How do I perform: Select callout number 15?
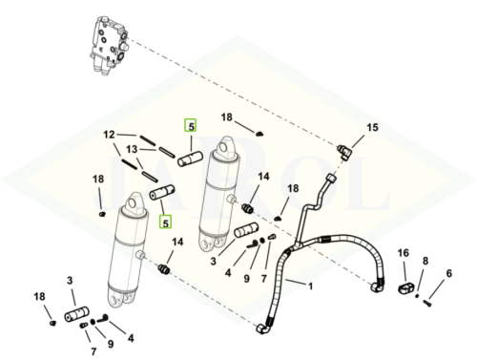click(373, 127)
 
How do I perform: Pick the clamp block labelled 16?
click(404, 286)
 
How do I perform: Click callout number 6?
click(449, 274)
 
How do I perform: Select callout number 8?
click(425, 260)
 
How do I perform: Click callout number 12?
click(109, 135)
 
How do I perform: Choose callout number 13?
click(134, 149)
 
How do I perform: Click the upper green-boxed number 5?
click(191, 125)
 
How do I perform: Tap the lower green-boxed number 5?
click(165, 222)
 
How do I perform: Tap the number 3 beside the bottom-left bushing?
click(70, 280)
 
